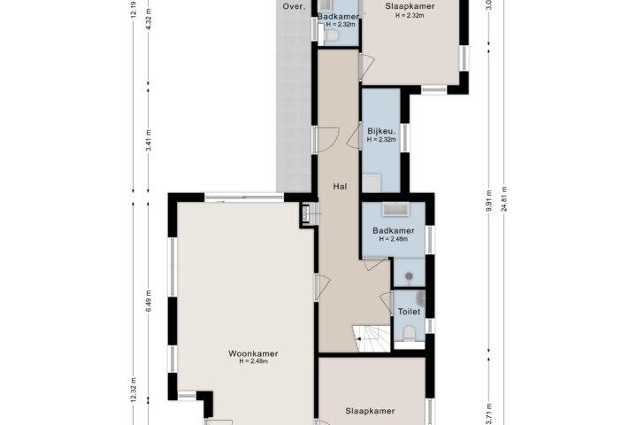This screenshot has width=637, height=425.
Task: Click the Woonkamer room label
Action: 253,353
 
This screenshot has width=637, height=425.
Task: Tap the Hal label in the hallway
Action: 340,186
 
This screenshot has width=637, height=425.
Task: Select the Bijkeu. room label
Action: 381,131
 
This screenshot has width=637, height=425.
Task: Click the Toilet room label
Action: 409,312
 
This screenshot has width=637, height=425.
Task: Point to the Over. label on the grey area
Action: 294,6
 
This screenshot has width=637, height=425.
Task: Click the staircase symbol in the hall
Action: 372,338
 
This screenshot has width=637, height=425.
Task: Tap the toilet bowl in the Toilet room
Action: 409,333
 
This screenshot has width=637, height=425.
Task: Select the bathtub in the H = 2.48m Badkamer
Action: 395,210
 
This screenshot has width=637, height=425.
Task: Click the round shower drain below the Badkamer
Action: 409,276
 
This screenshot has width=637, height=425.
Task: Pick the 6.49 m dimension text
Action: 149,301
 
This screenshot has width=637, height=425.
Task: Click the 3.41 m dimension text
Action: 149,140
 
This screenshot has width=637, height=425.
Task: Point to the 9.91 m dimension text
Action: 489,200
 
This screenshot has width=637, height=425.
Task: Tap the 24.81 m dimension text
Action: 504,199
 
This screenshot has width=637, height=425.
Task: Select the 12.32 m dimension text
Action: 134,390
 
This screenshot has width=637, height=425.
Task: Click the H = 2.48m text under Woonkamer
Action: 254,361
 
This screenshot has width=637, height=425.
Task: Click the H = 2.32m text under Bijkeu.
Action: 381,139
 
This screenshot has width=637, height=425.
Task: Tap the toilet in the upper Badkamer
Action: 330,35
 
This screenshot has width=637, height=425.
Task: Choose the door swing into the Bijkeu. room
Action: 353,135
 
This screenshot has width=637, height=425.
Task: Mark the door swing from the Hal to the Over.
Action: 327,140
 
